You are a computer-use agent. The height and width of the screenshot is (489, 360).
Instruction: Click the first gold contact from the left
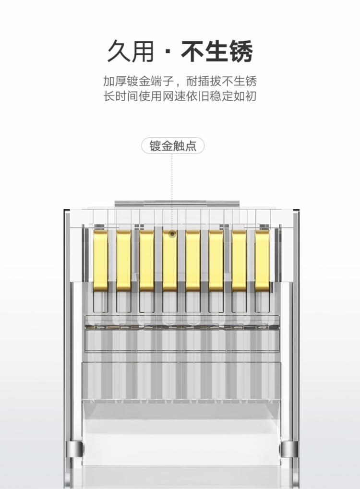click(x=101, y=261)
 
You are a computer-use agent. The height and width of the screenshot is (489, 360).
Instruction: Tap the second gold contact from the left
click(x=124, y=261)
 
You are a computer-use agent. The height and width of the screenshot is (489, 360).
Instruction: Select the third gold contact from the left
click(x=147, y=261)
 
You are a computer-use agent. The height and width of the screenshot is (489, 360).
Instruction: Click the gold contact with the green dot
click(x=170, y=261)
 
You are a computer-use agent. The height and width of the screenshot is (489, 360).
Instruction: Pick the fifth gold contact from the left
click(x=193, y=261)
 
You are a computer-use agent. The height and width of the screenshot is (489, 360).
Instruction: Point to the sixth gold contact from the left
click(x=216, y=261)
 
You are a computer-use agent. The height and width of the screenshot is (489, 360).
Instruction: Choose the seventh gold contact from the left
click(x=239, y=261)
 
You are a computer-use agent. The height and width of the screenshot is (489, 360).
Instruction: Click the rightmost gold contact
click(x=263, y=261)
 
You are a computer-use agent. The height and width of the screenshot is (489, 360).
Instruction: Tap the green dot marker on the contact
click(x=172, y=233)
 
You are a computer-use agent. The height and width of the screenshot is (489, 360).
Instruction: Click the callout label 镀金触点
click(x=173, y=146)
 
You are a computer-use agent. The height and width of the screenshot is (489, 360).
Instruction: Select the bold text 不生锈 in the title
click(x=217, y=51)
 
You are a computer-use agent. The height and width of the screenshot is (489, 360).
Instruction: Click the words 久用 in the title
click(x=131, y=51)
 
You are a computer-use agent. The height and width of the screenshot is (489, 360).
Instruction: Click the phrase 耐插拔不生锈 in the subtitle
click(x=221, y=81)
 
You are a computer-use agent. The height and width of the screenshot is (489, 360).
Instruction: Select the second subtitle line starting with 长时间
click(x=180, y=96)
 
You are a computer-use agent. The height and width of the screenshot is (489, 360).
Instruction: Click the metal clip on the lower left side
click(x=75, y=449)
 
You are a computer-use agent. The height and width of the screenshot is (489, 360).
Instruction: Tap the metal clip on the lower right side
click(x=289, y=449)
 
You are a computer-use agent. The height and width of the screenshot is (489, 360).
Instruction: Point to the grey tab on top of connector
click(x=177, y=203)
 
